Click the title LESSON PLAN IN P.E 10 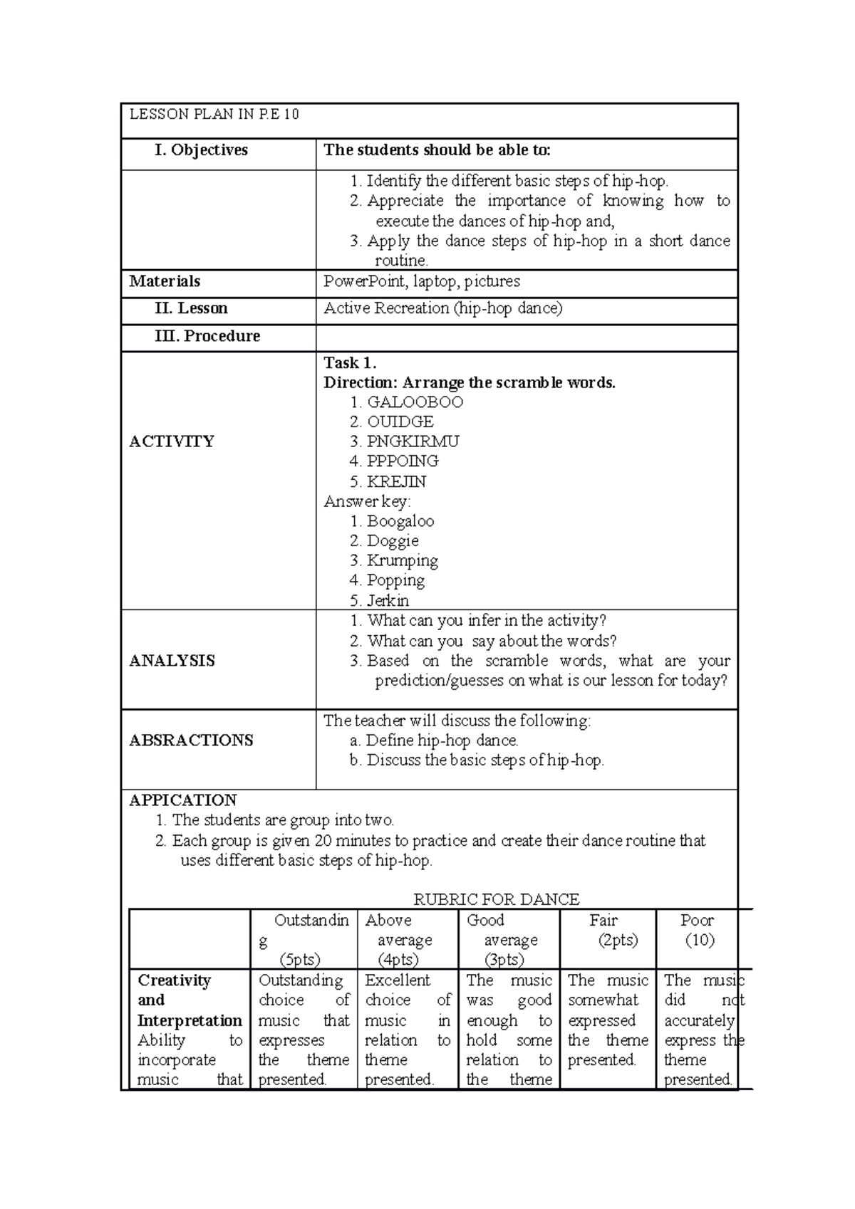tap(214, 114)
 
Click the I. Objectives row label tap(202, 150)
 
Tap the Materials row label tap(165, 281)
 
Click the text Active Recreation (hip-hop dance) tap(443, 308)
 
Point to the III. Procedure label tap(207, 336)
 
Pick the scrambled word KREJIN tap(396, 481)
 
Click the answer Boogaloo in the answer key tap(400, 521)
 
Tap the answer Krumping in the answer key tap(402, 560)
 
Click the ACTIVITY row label tap(172, 441)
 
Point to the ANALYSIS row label tap(172, 661)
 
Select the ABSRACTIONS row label tap(191, 740)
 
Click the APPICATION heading tap(182, 800)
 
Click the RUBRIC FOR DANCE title tap(497, 899)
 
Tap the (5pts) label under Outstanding tap(300, 960)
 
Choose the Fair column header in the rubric tap(603, 921)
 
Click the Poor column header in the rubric tap(696, 921)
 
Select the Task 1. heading tap(350, 362)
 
